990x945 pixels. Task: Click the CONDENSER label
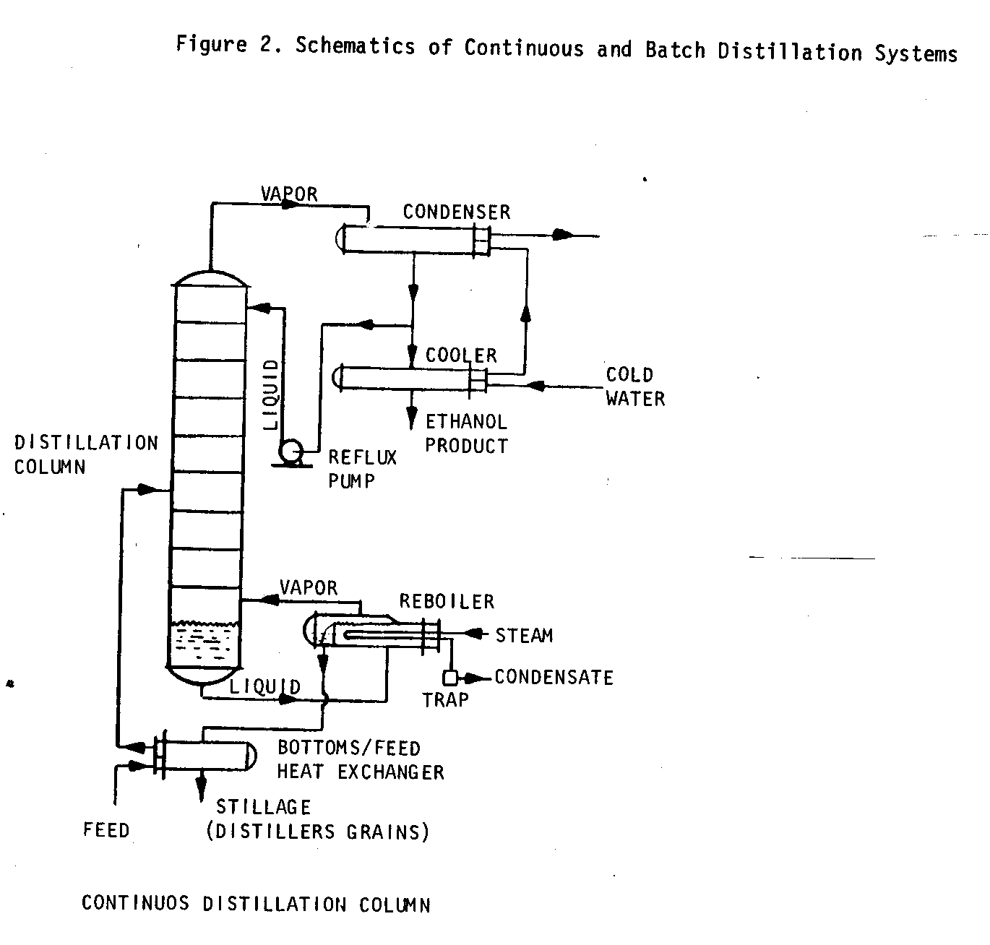tap(457, 212)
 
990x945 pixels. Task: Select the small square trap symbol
tap(450, 678)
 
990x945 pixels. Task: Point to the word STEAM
tap(524, 636)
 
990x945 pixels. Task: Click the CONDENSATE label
tap(554, 678)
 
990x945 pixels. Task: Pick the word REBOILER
tap(447, 601)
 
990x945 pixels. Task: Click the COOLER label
tap(461, 355)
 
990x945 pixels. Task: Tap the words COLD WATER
tap(634, 387)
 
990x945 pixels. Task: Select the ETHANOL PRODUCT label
tap(467, 433)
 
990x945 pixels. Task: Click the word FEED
tap(106, 830)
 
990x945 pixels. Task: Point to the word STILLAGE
tap(264, 807)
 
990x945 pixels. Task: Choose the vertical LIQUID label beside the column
tap(272, 395)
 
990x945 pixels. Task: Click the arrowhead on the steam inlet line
tap(474, 634)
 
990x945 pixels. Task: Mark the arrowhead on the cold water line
tap(535, 386)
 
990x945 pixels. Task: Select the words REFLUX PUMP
tap(362, 469)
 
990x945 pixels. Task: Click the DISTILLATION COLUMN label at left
tap(85, 454)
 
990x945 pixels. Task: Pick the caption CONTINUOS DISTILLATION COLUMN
tap(256, 904)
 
